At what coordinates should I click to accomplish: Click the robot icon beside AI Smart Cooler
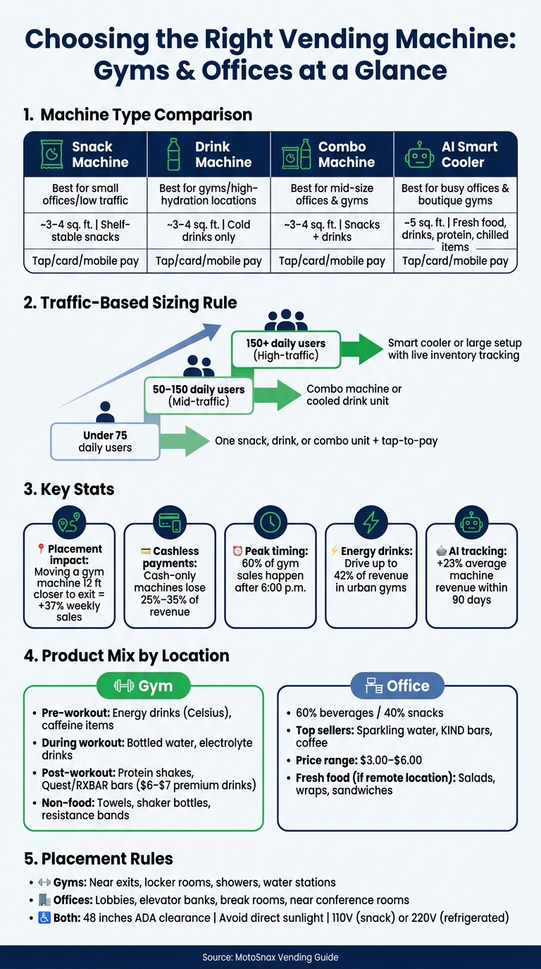419,155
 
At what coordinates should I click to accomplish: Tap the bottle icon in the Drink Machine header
173,154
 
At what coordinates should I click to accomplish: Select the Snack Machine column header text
101,154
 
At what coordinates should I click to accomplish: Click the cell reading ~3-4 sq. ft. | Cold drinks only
209,230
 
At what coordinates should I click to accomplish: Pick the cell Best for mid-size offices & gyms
332,194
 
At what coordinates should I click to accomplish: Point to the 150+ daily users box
286,349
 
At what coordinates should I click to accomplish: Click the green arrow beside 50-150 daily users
277,394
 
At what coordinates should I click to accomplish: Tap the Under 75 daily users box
105,442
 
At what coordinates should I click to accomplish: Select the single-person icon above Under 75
105,412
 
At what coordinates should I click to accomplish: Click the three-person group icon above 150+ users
286,320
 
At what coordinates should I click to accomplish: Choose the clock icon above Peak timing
270,522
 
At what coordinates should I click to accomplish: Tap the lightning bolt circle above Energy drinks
371,522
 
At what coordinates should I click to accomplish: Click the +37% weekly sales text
69,611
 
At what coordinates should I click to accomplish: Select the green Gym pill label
143,686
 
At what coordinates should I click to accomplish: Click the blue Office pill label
397,686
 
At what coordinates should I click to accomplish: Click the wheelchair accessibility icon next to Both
44,918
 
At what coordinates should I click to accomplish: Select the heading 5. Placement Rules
99,858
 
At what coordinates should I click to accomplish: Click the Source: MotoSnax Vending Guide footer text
270,957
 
